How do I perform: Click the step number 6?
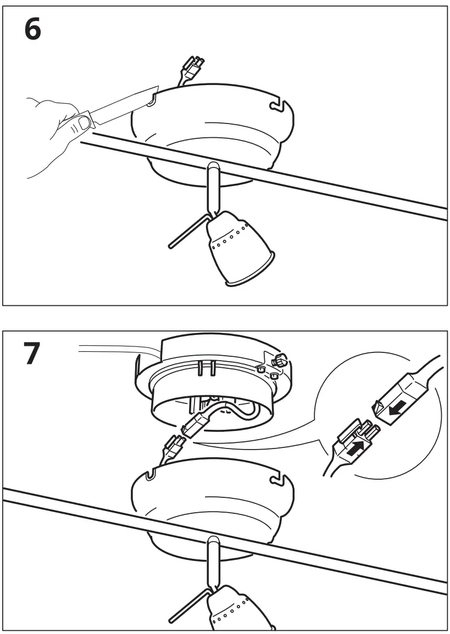pos(32,30)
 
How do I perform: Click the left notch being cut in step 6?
pos(153,99)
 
